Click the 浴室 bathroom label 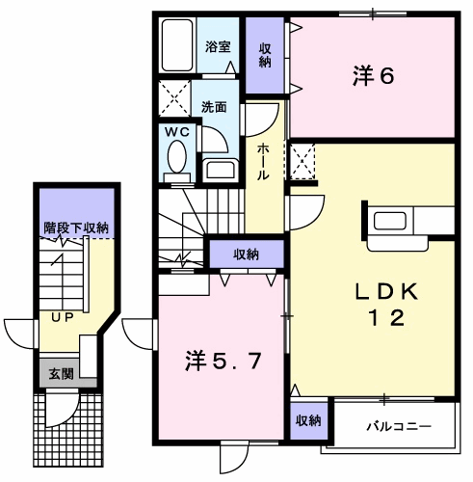(218, 45)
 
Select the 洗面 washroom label (215, 107)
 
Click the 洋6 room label (374, 76)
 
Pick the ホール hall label (263, 163)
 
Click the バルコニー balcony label (398, 425)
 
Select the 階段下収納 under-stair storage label (76, 228)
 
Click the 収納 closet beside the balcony (308, 420)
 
